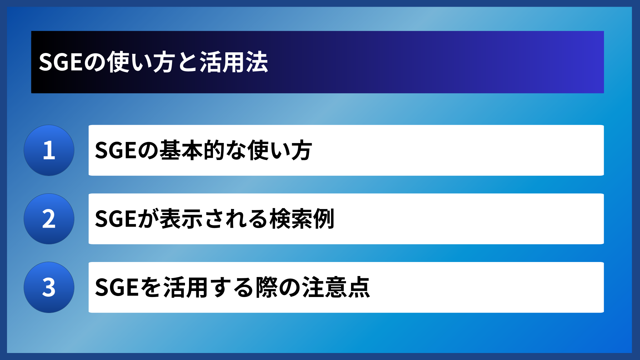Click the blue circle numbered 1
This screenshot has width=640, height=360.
(49, 150)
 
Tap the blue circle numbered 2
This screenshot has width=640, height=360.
(49, 219)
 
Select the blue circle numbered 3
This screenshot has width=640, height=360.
(49, 287)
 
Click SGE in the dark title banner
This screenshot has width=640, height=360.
(61, 62)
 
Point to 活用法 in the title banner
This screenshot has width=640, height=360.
(234, 62)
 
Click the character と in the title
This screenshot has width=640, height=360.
(187, 62)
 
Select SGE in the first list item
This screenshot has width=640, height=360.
(116, 150)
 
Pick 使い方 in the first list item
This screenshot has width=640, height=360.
(279, 150)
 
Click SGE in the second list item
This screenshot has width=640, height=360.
(116, 219)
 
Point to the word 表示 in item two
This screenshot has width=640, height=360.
(181, 219)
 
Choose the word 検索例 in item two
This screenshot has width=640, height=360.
(302, 219)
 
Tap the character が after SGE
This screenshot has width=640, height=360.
(148, 219)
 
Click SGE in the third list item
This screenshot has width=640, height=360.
(116, 287)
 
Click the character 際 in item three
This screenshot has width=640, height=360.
(266, 287)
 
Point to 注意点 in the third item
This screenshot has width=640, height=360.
(336, 287)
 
